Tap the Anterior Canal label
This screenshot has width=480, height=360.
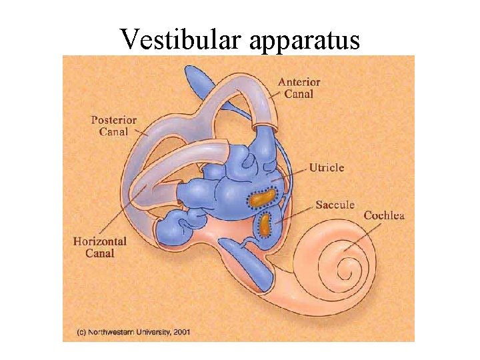click(x=299, y=88)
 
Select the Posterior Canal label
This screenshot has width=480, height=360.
click(x=114, y=126)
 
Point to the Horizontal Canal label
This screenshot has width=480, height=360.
click(x=100, y=247)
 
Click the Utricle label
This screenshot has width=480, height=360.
click(x=326, y=167)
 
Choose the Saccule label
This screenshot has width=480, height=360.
click(x=334, y=205)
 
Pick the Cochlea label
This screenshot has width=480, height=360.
click(x=383, y=215)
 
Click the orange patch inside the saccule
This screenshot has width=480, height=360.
click(x=265, y=225)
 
